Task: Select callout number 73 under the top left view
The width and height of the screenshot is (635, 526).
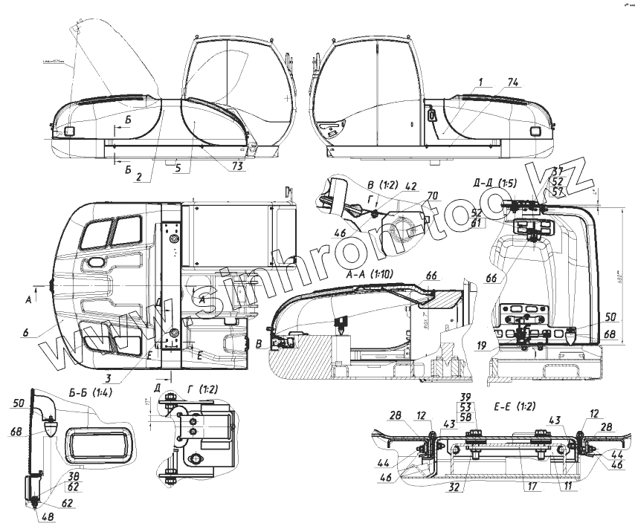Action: tap(236, 166)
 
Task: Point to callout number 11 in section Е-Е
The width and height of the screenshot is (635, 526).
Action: tap(569, 488)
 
